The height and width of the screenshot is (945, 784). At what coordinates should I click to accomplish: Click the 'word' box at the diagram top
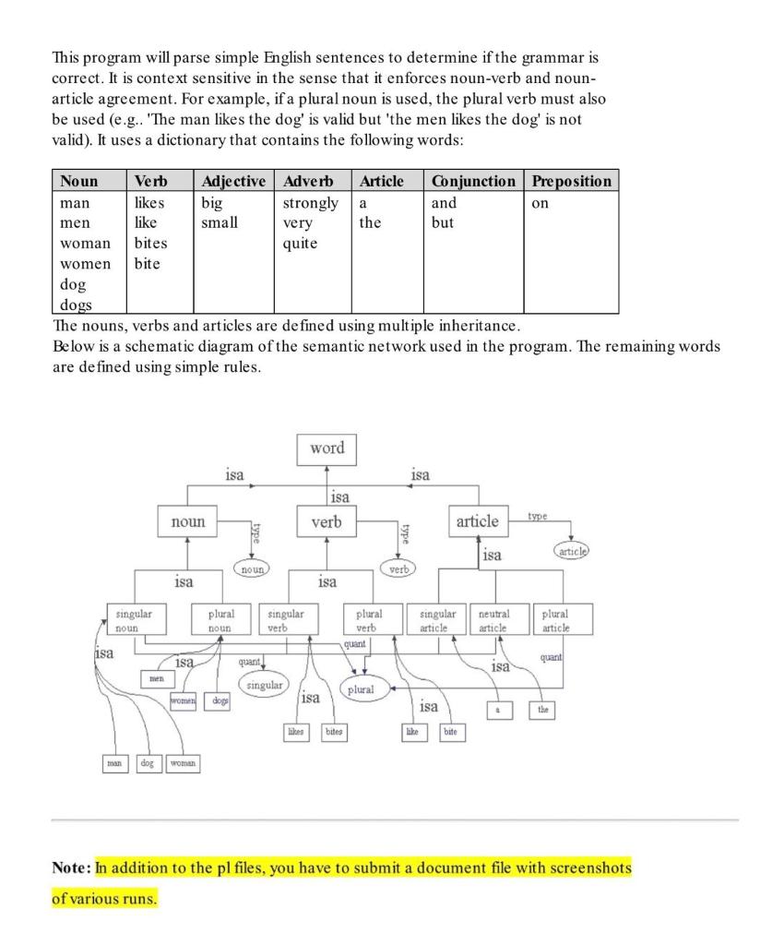tap(327, 449)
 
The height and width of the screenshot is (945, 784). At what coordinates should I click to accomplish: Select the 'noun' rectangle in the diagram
tap(188, 522)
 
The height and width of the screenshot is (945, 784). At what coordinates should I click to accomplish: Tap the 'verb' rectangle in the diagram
tap(327, 522)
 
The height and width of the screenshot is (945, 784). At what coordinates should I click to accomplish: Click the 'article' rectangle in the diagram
tap(477, 521)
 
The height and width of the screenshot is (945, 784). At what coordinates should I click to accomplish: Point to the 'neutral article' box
tap(500, 620)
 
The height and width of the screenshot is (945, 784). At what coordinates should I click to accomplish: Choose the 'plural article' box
tap(555, 620)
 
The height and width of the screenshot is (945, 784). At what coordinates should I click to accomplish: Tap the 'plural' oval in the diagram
tap(361, 689)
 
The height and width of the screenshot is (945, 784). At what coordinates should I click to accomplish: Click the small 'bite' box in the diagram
tap(450, 732)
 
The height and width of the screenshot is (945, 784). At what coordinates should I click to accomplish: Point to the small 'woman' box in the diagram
tap(182, 764)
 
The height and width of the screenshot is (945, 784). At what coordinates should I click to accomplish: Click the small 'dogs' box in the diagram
tap(220, 702)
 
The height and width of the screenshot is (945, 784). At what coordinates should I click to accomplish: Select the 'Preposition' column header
tap(571, 181)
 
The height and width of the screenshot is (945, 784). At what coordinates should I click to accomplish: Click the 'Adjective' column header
tap(233, 181)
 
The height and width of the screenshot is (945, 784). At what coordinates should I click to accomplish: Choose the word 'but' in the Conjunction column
tap(443, 222)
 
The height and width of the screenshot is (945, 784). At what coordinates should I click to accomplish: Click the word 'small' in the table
tap(220, 222)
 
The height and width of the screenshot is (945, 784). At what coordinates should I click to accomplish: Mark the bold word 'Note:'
tap(71, 868)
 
